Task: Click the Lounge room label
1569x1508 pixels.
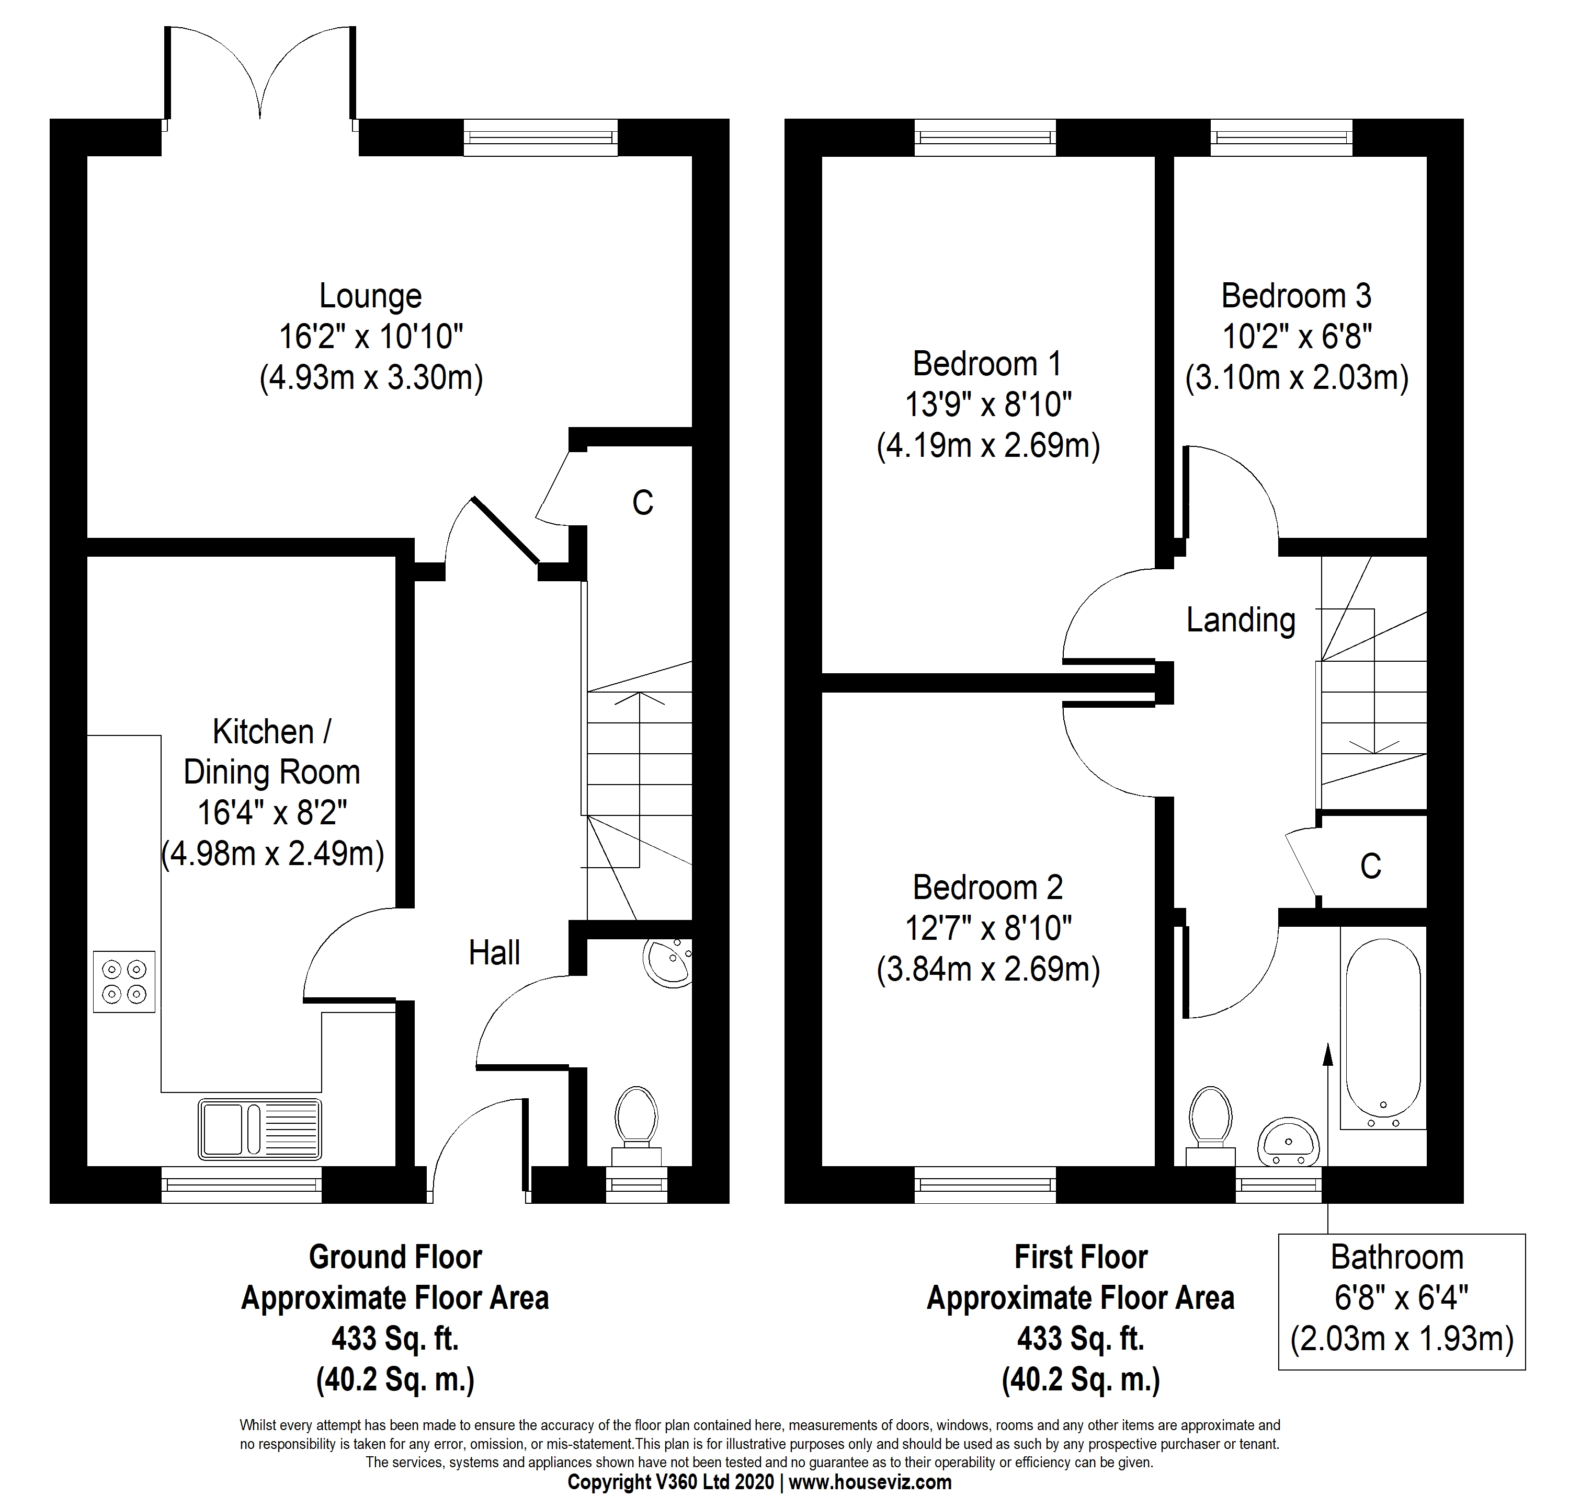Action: point(371,296)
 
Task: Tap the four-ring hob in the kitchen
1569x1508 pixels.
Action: point(124,982)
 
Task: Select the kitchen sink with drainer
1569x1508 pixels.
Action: point(260,1130)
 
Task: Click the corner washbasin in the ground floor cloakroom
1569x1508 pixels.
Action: point(671,962)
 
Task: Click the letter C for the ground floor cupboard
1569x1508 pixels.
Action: point(643,502)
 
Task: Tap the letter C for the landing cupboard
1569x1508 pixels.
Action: point(1370,867)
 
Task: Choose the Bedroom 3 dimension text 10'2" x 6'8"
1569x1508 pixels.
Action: point(1297,337)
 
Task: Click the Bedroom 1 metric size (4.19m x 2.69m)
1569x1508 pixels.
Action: point(988,445)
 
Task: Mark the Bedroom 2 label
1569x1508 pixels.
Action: point(988,888)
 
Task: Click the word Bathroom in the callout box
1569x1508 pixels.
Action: point(1397,1258)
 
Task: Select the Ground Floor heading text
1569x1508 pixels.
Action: point(395,1258)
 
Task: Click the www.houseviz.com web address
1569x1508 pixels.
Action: point(870,1482)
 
